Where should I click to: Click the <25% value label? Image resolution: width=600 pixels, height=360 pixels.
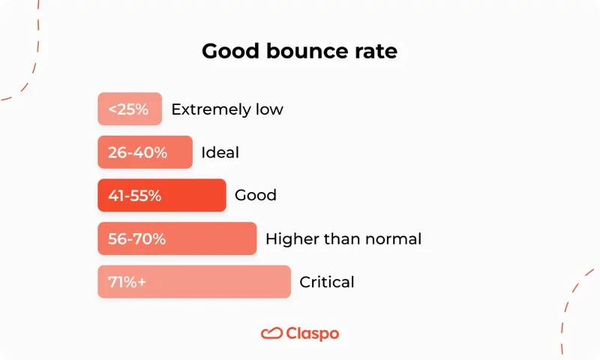tap(128, 109)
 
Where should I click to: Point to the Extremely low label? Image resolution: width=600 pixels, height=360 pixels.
tap(227, 109)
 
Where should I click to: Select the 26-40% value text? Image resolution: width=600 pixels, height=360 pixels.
tap(137, 152)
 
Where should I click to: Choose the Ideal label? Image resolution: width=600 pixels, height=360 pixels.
tap(220, 152)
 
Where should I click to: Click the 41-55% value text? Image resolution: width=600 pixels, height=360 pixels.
tap(135, 196)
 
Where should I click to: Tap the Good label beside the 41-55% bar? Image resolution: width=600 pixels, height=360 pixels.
tap(256, 196)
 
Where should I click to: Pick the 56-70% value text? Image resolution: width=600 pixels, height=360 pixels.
tap(136, 239)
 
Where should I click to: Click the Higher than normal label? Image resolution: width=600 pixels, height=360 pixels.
tap(343, 239)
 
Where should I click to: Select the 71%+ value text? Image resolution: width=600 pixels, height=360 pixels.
tap(127, 282)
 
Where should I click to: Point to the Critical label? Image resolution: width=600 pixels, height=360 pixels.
tap(327, 282)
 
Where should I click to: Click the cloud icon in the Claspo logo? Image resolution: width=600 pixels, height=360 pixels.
tap(271, 333)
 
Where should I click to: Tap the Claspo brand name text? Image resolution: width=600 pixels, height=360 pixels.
tap(313, 333)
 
